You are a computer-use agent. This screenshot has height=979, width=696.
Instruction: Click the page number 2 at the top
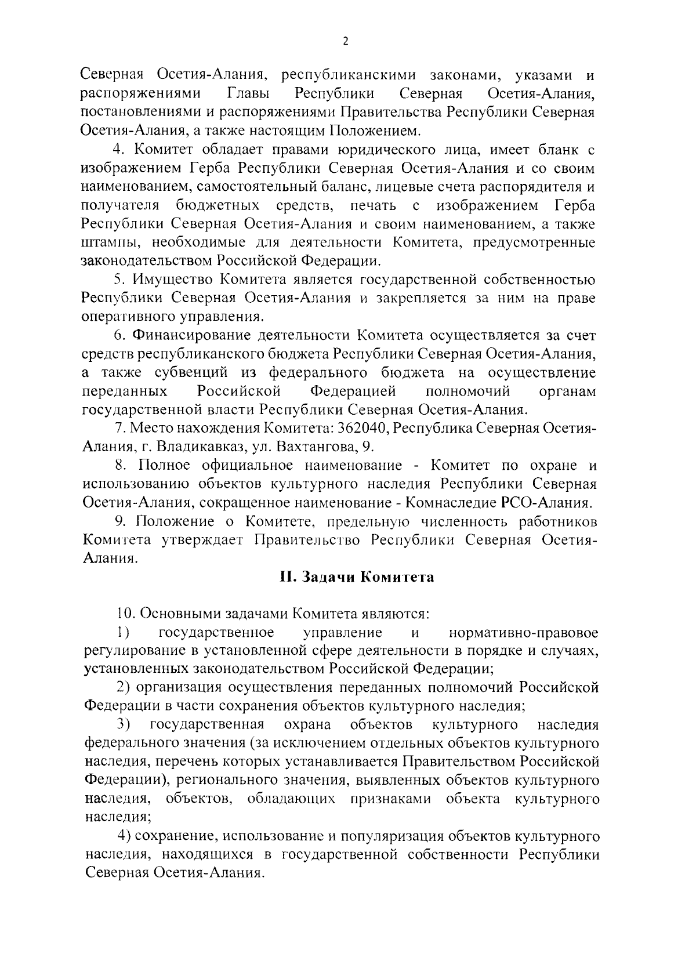tap(346, 41)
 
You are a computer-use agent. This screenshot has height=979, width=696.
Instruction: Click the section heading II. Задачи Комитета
tap(357, 578)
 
